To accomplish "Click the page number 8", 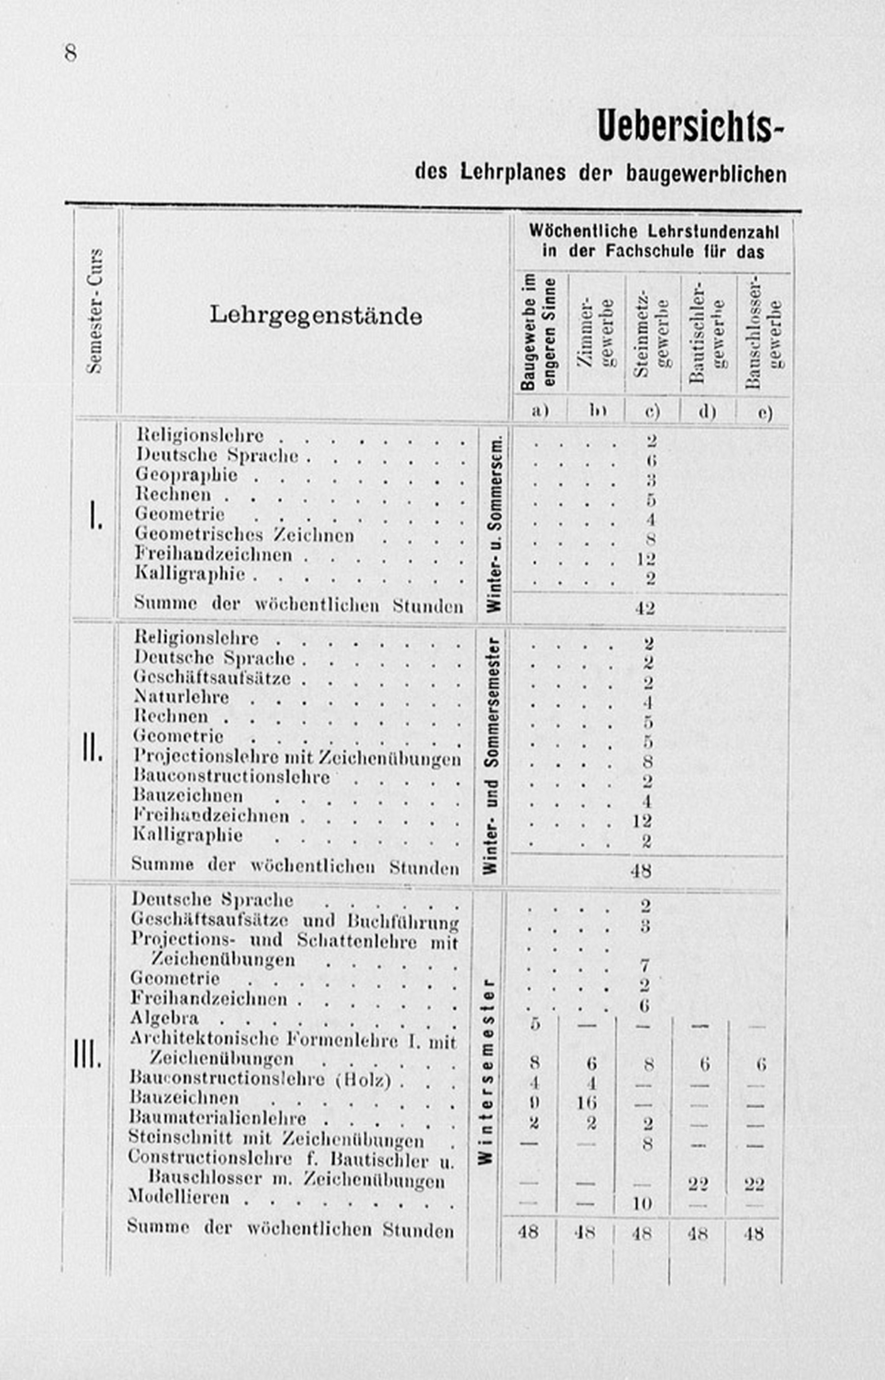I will point(70,53).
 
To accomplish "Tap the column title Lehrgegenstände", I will point(316,316).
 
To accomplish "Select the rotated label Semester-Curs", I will point(95,311).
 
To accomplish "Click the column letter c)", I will point(651,412).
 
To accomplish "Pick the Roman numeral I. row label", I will point(95,515).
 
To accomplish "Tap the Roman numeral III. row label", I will point(88,1054).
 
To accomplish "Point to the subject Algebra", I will point(164,1018).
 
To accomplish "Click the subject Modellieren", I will point(179,1197).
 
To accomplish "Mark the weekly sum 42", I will point(645,607).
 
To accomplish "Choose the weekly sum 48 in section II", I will point(641,871).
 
